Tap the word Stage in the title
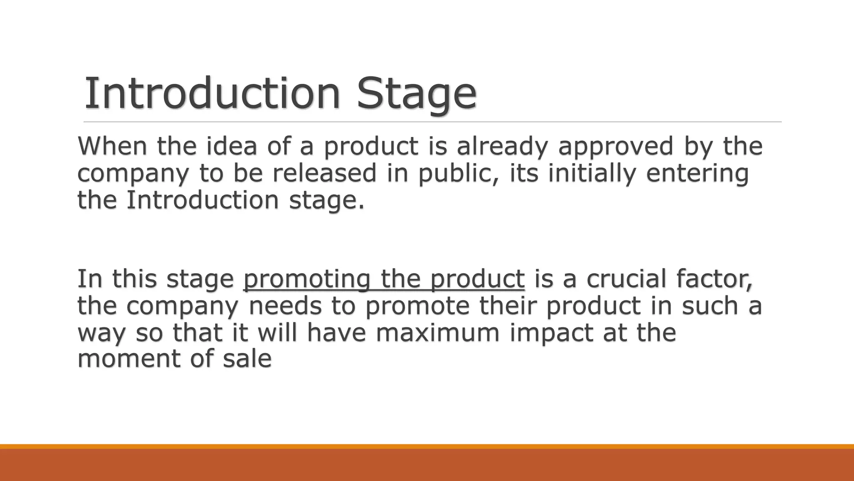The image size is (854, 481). [x=417, y=94]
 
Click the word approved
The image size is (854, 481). [x=616, y=147]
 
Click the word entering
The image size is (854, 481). [x=698, y=174]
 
